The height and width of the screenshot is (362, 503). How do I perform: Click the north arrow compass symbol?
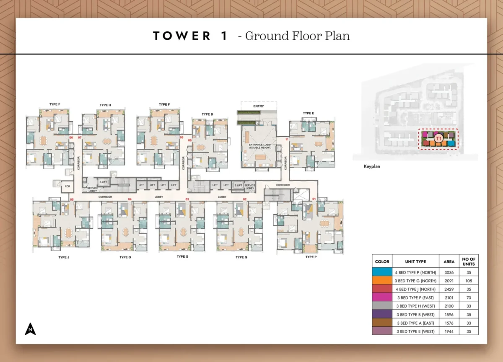point(30,329)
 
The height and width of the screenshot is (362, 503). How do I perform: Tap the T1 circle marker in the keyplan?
point(438,138)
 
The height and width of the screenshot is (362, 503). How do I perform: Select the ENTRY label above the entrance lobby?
point(259,106)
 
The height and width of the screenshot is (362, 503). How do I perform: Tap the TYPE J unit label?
point(64,257)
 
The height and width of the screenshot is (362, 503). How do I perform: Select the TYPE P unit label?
point(311,257)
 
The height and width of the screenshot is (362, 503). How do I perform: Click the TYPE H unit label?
point(105,105)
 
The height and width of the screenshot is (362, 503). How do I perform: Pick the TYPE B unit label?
point(207,114)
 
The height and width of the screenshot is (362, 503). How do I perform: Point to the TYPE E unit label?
point(309,113)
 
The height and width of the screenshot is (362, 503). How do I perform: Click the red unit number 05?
point(72,199)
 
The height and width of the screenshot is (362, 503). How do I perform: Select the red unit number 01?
point(314,199)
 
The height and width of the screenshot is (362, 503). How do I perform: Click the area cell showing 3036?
point(449,272)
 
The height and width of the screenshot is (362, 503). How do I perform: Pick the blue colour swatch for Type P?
point(382,272)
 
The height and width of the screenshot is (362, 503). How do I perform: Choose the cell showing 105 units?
point(469,281)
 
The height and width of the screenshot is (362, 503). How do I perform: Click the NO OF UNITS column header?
point(469,261)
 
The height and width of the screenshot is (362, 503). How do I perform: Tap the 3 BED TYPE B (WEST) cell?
point(415,315)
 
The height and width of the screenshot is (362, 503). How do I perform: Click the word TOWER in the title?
point(182,36)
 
